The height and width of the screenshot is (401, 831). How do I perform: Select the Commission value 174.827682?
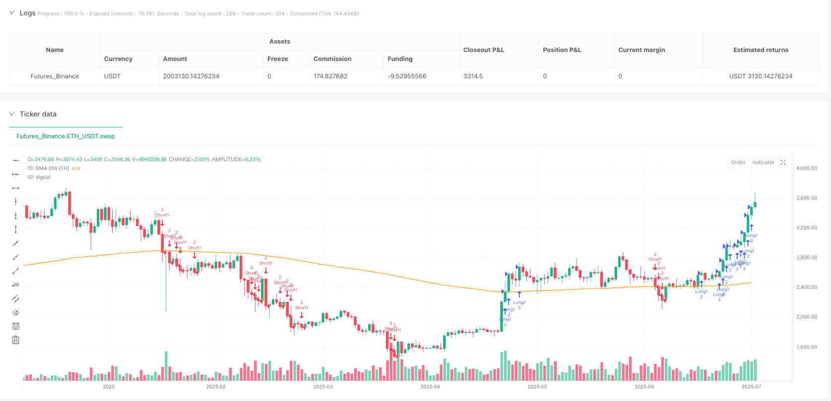coord(330,76)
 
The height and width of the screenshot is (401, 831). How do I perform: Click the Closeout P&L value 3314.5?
coord(473,76)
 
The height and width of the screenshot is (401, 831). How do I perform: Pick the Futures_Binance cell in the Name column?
coord(55,76)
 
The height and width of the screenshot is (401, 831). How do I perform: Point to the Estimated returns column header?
coord(761,50)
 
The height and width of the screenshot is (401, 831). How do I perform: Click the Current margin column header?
coord(641,50)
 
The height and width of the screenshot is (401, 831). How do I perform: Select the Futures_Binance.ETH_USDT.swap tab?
coord(65,136)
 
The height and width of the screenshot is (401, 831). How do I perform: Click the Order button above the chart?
coord(738,162)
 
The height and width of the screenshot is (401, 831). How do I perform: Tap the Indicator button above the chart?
coord(763,162)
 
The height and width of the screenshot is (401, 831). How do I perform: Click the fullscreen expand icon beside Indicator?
coord(783,162)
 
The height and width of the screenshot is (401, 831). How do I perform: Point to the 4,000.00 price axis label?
coord(806,169)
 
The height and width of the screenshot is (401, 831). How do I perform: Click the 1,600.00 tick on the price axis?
coord(806,347)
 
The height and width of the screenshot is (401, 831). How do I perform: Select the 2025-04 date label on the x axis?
coord(430,387)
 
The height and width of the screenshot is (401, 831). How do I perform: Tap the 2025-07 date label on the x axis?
coord(751,387)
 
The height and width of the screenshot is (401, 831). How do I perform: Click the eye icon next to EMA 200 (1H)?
coord(31,169)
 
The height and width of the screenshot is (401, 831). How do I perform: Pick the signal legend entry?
coord(43,177)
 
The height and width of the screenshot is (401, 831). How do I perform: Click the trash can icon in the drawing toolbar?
coord(16,340)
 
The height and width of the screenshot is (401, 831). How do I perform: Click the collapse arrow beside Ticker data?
coord(12,114)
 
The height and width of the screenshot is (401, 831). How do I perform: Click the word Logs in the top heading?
coord(27,13)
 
